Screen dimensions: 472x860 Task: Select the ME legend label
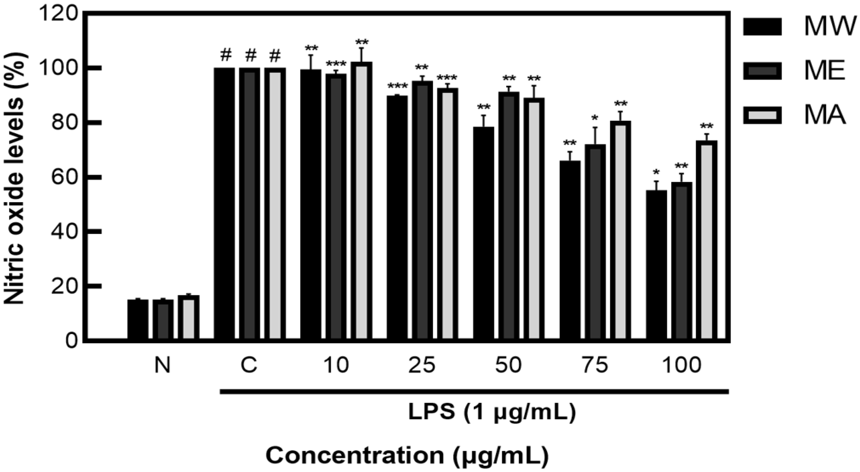point(824,70)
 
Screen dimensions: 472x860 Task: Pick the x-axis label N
point(163,365)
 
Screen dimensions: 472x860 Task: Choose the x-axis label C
point(249,365)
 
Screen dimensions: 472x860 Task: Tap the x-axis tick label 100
point(681,365)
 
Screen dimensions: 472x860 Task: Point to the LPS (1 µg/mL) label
point(492,412)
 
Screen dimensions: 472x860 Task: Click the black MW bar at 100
point(656,265)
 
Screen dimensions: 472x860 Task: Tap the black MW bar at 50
point(483,233)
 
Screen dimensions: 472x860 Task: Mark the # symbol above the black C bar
point(226,55)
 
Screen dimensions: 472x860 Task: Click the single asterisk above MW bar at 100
point(656,173)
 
